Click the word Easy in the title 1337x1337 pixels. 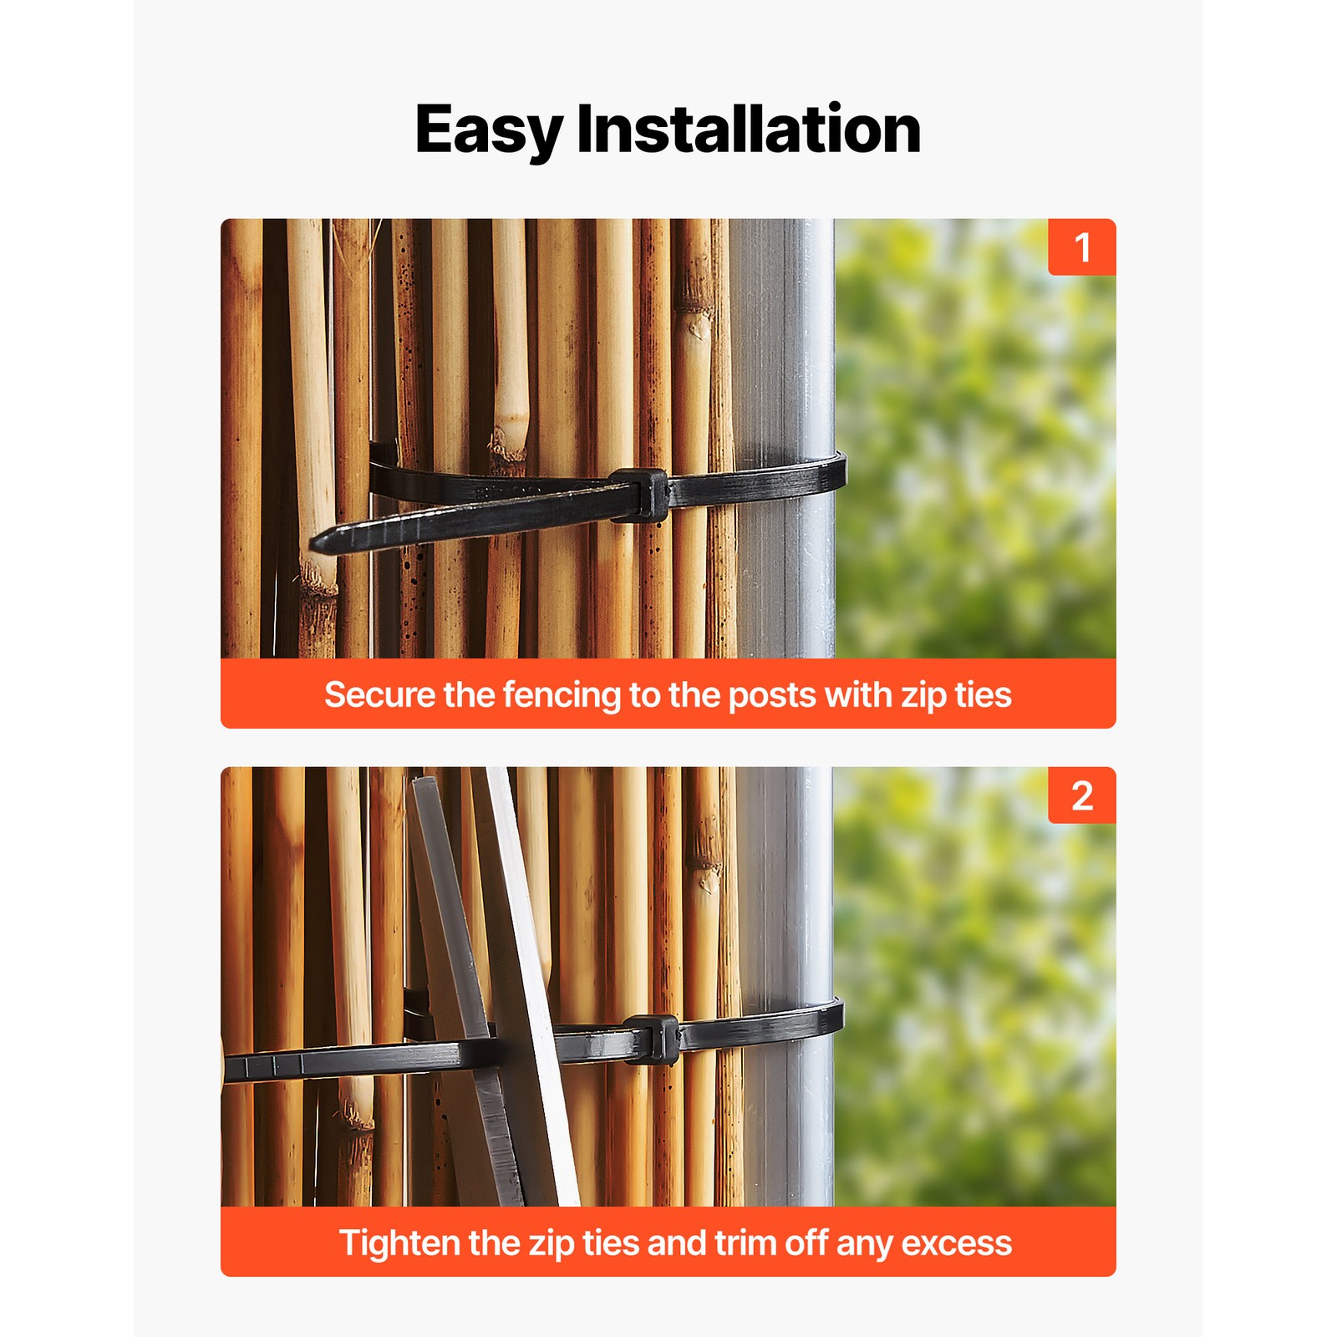[x=489, y=130]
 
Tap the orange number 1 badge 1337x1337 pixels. [x=1082, y=247]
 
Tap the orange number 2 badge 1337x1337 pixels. [x=1082, y=796]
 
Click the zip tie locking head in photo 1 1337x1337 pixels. [x=639, y=496]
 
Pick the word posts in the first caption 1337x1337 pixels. [x=772, y=695]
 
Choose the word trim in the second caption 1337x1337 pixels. [x=745, y=1243]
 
